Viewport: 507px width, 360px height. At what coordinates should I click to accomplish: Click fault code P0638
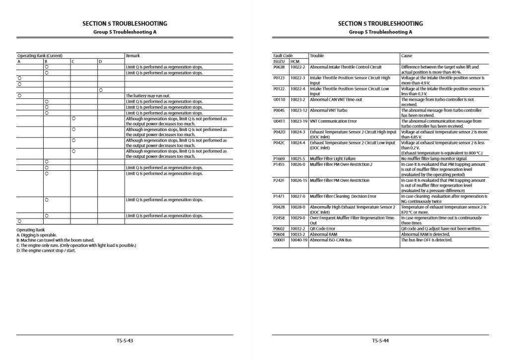[x=279, y=67]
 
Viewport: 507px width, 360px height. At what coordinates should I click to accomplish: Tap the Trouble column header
[x=316, y=56]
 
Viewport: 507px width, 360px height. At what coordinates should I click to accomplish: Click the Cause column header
[x=407, y=56]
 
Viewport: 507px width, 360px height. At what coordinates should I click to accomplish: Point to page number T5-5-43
[x=125, y=341]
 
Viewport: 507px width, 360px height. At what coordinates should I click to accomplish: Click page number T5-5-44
[x=380, y=341]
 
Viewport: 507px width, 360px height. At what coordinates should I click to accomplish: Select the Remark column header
[x=133, y=56]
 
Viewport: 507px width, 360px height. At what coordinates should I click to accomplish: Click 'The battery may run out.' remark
[x=148, y=95]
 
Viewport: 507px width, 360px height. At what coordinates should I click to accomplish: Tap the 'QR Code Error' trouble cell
[x=322, y=229]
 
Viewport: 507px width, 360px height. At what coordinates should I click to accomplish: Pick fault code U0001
[x=279, y=240]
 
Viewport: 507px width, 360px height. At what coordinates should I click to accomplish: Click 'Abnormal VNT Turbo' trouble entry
[x=329, y=110]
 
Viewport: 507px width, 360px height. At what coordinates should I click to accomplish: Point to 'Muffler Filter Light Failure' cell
[x=332, y=159]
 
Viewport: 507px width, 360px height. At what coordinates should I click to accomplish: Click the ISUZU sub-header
[x=279, y=61]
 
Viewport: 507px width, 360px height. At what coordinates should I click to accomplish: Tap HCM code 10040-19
[x=299, y=240]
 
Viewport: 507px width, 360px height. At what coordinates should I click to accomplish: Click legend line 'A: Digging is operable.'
[x=37, y=235]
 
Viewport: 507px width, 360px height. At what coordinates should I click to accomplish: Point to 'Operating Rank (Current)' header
[x=40, y=56]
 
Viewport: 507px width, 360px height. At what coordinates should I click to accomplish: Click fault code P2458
[x=279, y=218]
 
